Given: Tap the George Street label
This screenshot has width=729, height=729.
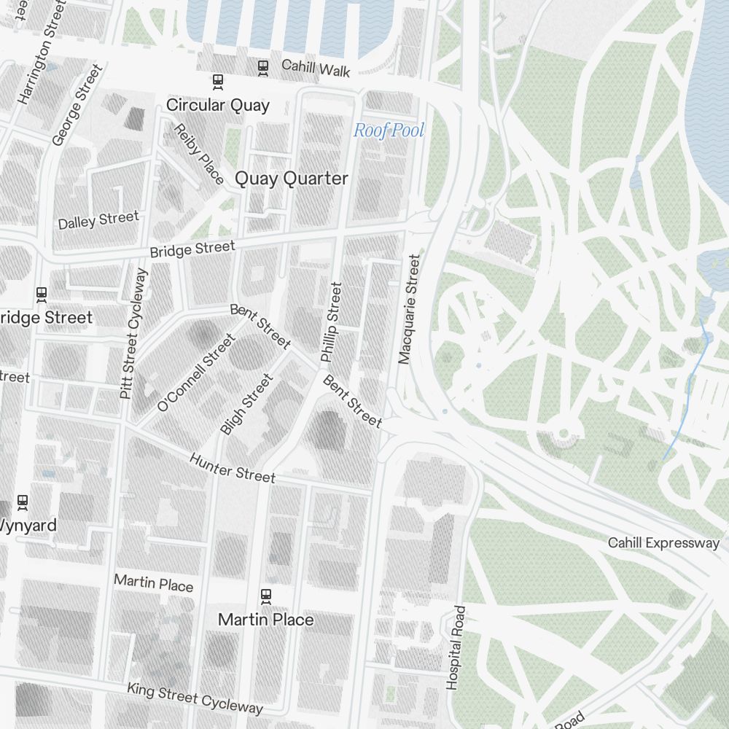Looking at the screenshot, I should (78, 105).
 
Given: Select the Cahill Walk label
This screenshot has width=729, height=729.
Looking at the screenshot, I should (316, 68).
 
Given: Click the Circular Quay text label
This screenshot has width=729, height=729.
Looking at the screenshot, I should (218, 105).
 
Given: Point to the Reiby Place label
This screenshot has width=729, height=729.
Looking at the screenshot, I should (198, 154).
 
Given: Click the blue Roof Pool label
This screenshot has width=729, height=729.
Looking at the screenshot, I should (389, 130).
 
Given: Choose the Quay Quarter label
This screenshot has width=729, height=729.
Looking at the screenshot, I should (291, 179).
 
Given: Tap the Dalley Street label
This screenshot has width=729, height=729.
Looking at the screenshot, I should (98, 220).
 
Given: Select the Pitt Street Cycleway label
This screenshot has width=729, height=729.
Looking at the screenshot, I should (133, 333).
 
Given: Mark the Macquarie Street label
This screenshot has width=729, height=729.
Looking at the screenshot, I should (409, 309).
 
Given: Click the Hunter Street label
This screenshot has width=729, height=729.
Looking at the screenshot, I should (233, 467).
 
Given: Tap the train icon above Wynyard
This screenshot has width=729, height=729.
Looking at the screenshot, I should (23, 502).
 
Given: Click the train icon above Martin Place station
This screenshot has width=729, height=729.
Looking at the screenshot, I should (266, 596).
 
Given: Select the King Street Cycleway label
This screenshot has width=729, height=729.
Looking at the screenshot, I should (195, 698).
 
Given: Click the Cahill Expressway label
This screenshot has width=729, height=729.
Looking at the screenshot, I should (663, 542).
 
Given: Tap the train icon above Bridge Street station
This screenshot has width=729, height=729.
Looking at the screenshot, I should (42, 294).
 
